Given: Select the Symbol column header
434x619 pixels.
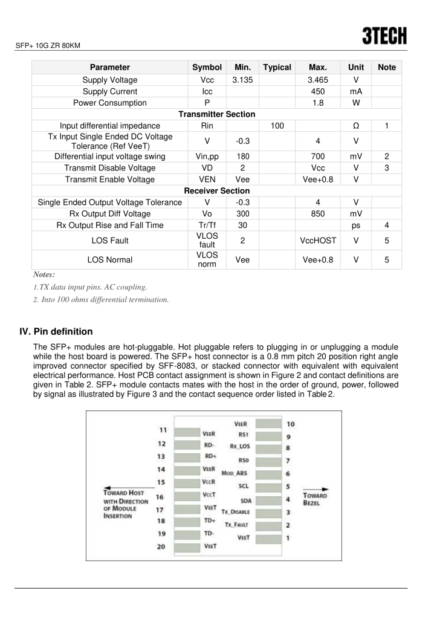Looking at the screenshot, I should click(207, 68).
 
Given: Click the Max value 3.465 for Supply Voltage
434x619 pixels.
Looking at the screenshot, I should click(317, 80).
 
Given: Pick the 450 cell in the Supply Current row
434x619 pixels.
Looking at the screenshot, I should click(317, 91).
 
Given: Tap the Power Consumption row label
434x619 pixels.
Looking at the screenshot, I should click(109, 103).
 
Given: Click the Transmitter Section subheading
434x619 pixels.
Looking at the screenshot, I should click(216, 114).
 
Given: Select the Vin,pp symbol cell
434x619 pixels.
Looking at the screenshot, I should click(207, 157).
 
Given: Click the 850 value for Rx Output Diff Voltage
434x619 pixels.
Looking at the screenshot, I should click(317, 213).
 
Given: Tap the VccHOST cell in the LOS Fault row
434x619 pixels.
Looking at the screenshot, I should click(317, 241).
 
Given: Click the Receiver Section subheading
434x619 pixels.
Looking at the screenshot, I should click(216, 191).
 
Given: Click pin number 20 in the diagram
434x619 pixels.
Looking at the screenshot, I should click(162, 546).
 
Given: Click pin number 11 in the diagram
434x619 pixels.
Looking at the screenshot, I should click(163, 430).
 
